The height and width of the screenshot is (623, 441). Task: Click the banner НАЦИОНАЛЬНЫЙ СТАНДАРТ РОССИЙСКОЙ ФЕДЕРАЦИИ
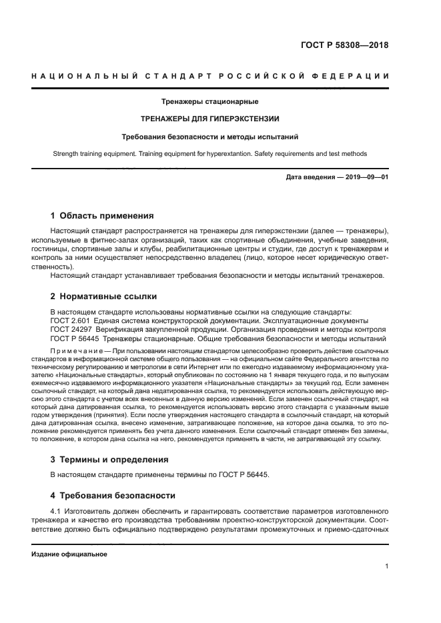point(210,77)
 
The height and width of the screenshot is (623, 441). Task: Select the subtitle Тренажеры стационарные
point(209,102)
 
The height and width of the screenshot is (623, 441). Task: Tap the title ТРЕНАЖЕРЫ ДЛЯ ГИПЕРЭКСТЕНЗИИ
point(209,119)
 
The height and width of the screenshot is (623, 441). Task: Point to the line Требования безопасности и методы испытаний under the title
point(209,137)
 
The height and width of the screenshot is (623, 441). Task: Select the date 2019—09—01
point(364,177)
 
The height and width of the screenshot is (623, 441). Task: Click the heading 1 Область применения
point(103,216)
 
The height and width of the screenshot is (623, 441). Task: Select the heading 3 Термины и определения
point(110,459)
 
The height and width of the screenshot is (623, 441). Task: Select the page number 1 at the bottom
point(386,566)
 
